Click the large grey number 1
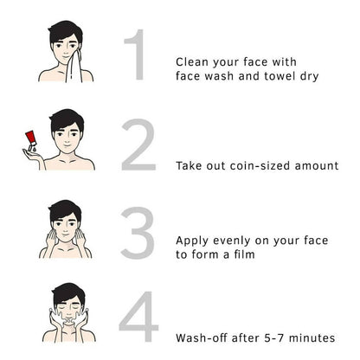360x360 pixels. click(x=138, y=55)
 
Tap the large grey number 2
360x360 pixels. click(x=138, y=145)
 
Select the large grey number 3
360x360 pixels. click(x=138, y=233)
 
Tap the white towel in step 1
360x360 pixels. click(x=74, y=67)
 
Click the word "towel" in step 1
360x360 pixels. click(x=280, y=76)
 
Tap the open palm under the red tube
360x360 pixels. click(x=32, y=154)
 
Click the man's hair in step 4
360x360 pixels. click(x=68, y=292)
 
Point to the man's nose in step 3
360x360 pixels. click(x=66, y=230)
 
